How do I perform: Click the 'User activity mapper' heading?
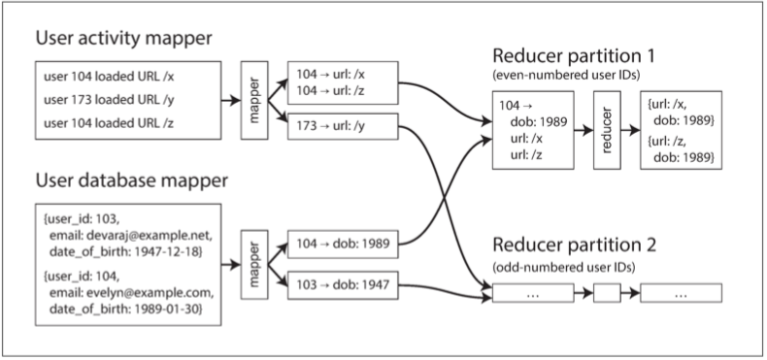tap(123, 39)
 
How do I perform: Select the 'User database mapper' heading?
tap(132, 181)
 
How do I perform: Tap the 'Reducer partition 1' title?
tap(574, 56)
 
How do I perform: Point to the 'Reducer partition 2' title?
tap(574, 245)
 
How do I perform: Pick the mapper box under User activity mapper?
tap(254, 100)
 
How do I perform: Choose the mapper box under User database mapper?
tap(254, 264)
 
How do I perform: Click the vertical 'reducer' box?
tap(607, 130)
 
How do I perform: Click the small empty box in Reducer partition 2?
tap(607, 293)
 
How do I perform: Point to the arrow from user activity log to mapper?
tap(231, 101)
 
